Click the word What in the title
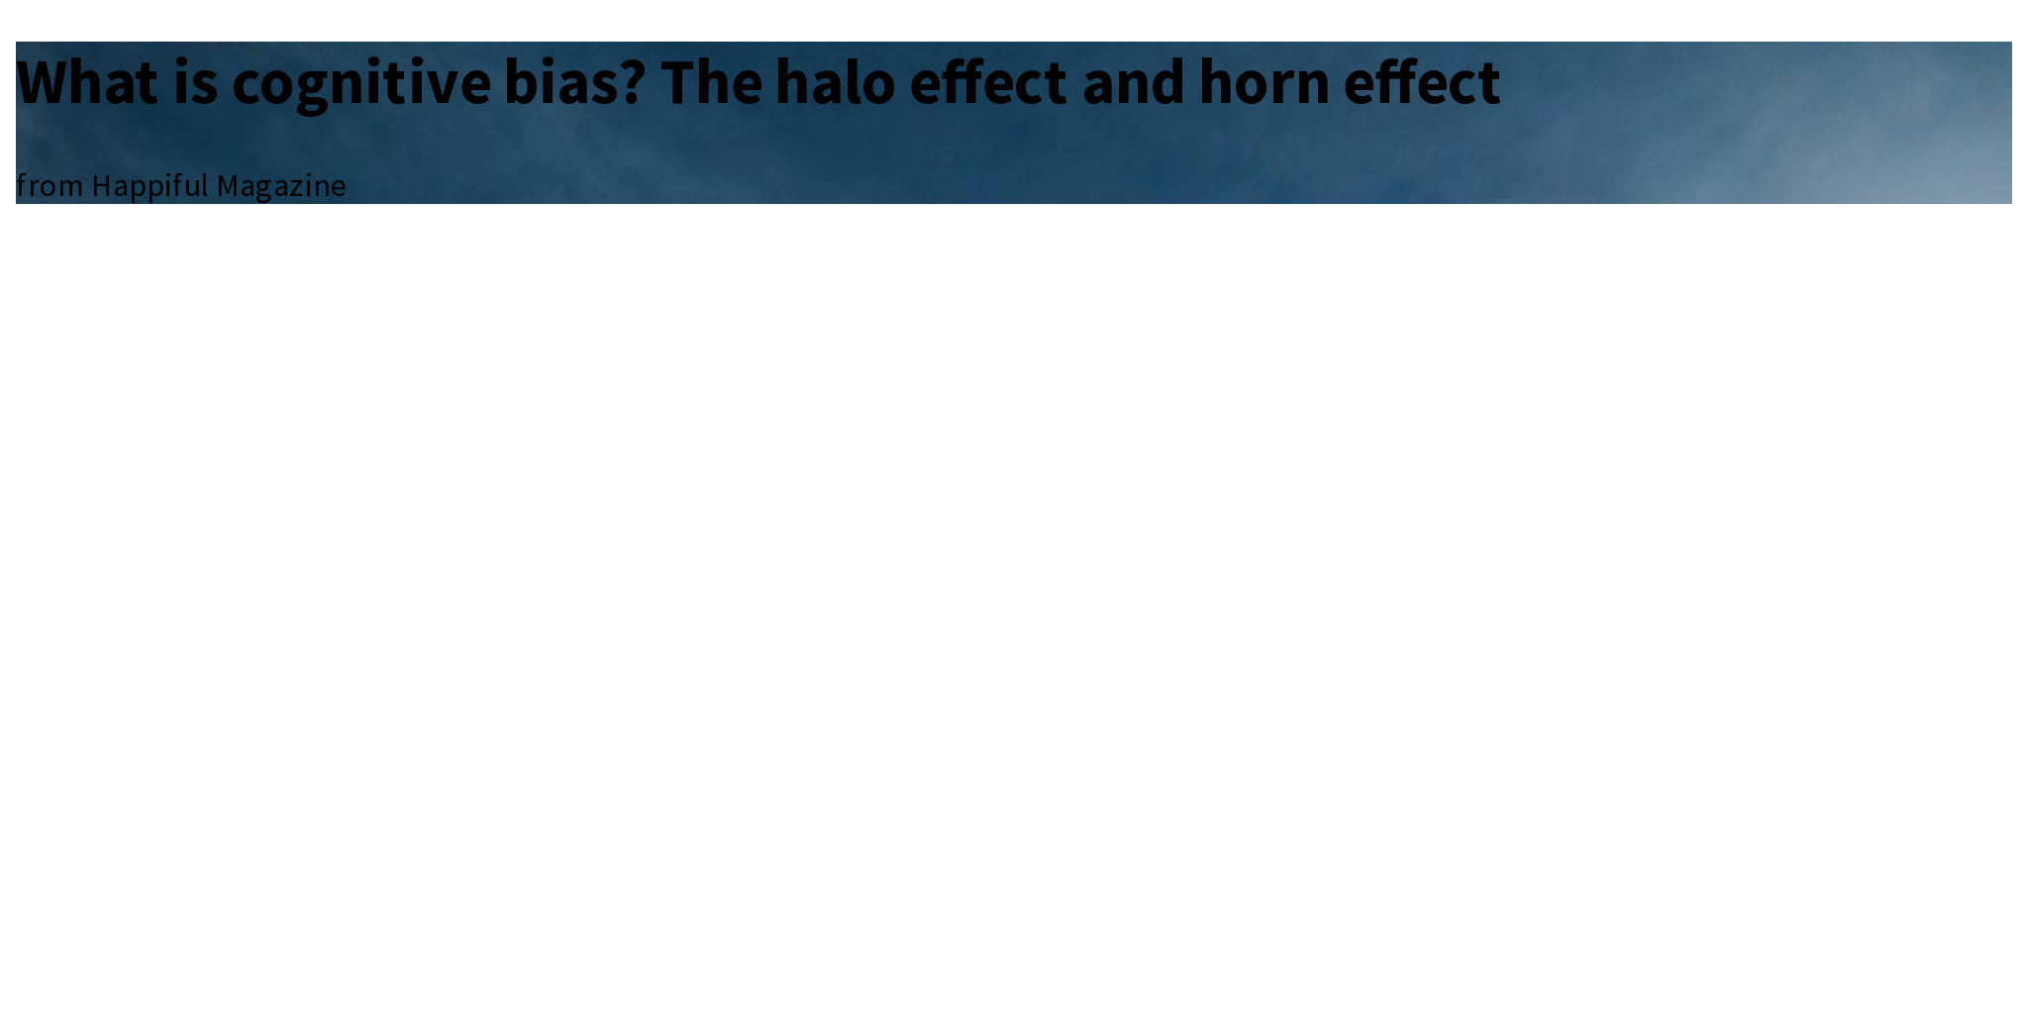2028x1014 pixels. [x=87, y=82]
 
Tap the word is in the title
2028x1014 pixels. [x=195, y=82]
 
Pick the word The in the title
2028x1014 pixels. [x=711, y=82]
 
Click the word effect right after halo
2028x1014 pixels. [x=987, y=82]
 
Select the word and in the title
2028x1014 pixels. [x=1133, y=82]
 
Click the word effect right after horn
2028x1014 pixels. [x=1421, y=82]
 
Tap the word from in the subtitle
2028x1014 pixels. [x=49, y=186]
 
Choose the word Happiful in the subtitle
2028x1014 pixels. [x=150, y=186]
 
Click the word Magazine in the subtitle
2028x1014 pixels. [x=281, y=186]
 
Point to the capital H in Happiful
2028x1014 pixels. [x=101, y=186]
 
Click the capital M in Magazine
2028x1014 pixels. [x=228, y=186]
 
